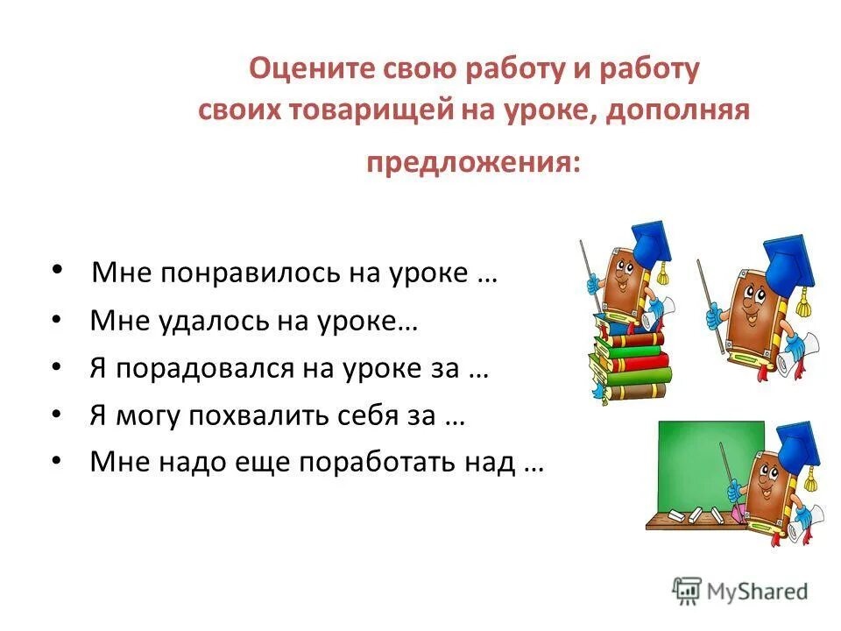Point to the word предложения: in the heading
[472, 164]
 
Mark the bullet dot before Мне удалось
[57, 321]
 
